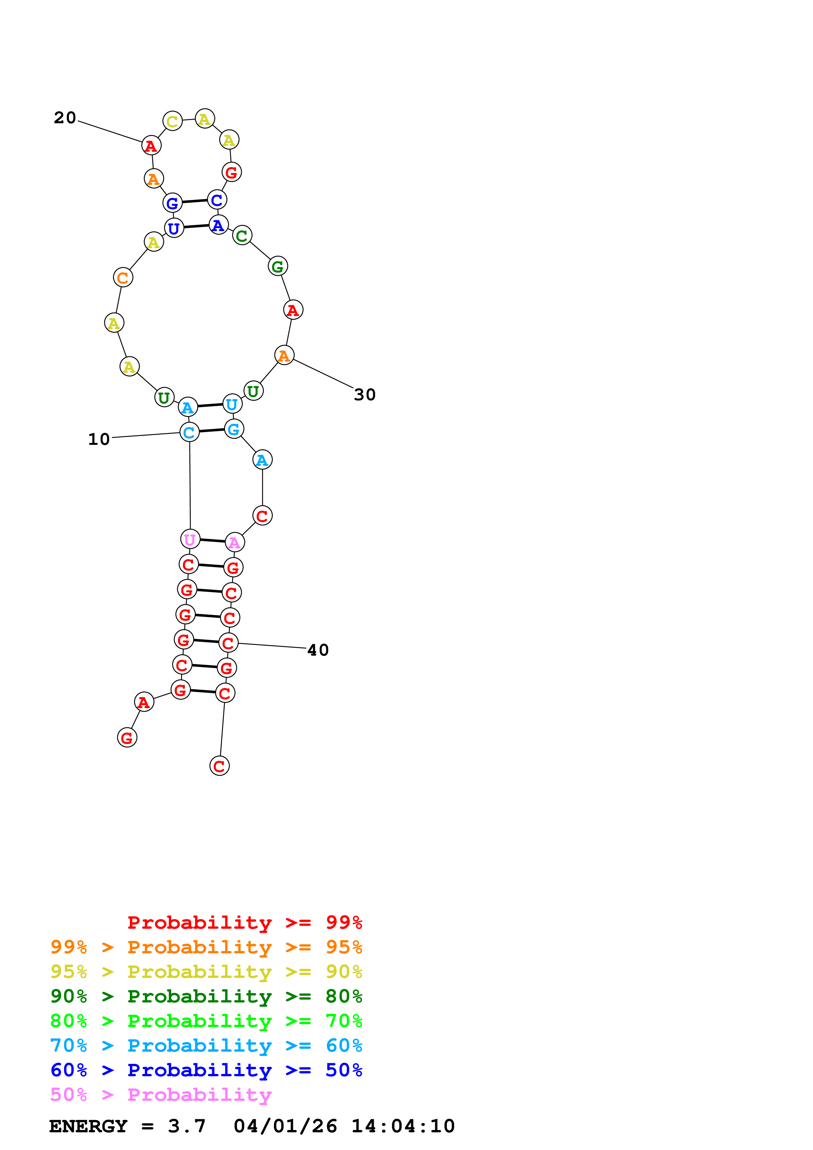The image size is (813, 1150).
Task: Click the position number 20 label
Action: pyautogui.click(x=65, y=118)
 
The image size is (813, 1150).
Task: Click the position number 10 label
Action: pyautogui.click(x=99, y=439)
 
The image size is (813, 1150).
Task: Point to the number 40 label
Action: pyautogui.click(x=317, y=650)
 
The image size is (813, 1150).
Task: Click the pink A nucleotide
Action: pyautogui.click(x=234, y=543)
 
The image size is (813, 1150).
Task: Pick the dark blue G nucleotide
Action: pyautogui.click(x=172, y=203)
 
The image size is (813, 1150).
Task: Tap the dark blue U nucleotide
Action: pyautogui.click(x=174, y=228)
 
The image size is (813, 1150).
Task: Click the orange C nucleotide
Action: pyautogui.click(x=123, y=277)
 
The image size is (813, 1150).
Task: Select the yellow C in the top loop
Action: pyautogui.click(x=172, y=121)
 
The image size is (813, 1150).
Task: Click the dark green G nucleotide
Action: pyautogui.click(x=277, y=267)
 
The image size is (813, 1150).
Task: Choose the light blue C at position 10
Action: pyautogui.click(x=189, y=432)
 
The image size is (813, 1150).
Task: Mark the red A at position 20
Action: pyautogui.click(x=151, y=146)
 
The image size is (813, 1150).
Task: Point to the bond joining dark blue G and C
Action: pyautogui.click(x=195, y=201)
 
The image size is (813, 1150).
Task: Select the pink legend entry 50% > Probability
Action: pyautogui.click(x=161, y=1095)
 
